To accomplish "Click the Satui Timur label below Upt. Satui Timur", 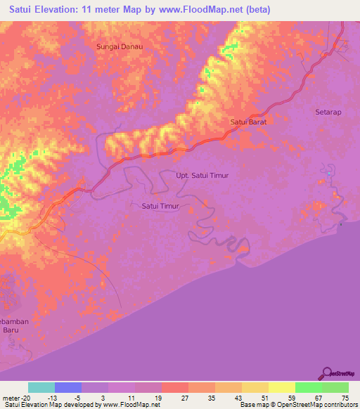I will [x=160, y=206].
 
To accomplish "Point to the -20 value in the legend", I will [x=25, y=398].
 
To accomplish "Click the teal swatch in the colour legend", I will [x=41, y=387].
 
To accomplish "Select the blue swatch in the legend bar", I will [x=68, y=387].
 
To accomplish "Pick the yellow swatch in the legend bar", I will [x=282, y=387].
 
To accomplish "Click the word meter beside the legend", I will [x=11, y=398].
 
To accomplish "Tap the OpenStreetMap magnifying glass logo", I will [x=326, y=372].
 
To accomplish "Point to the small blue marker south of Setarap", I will [x=328, y=173].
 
